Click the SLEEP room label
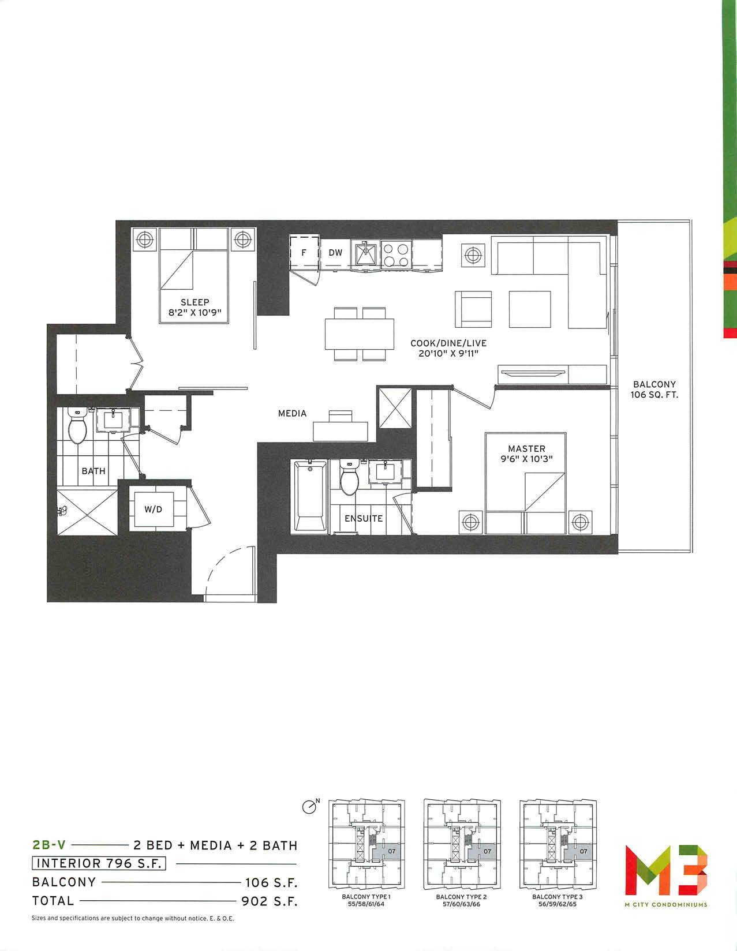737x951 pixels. point(194,302)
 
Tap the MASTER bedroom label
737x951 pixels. point(526,448)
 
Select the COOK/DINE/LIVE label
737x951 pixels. point(448,343)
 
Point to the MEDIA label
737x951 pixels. point(293,413)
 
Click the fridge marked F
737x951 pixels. point(304,252)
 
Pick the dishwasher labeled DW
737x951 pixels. point(335,253)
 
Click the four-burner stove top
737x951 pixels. point(395,254)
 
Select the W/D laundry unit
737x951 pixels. point(153,510)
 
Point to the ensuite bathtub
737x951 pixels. point(310,496)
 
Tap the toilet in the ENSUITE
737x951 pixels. point(349,477)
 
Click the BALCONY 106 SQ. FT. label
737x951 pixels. point(654,390)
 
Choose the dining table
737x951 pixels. point(360,334)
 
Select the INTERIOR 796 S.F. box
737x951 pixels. point(99,863)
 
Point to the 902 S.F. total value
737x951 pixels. point(270,901)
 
